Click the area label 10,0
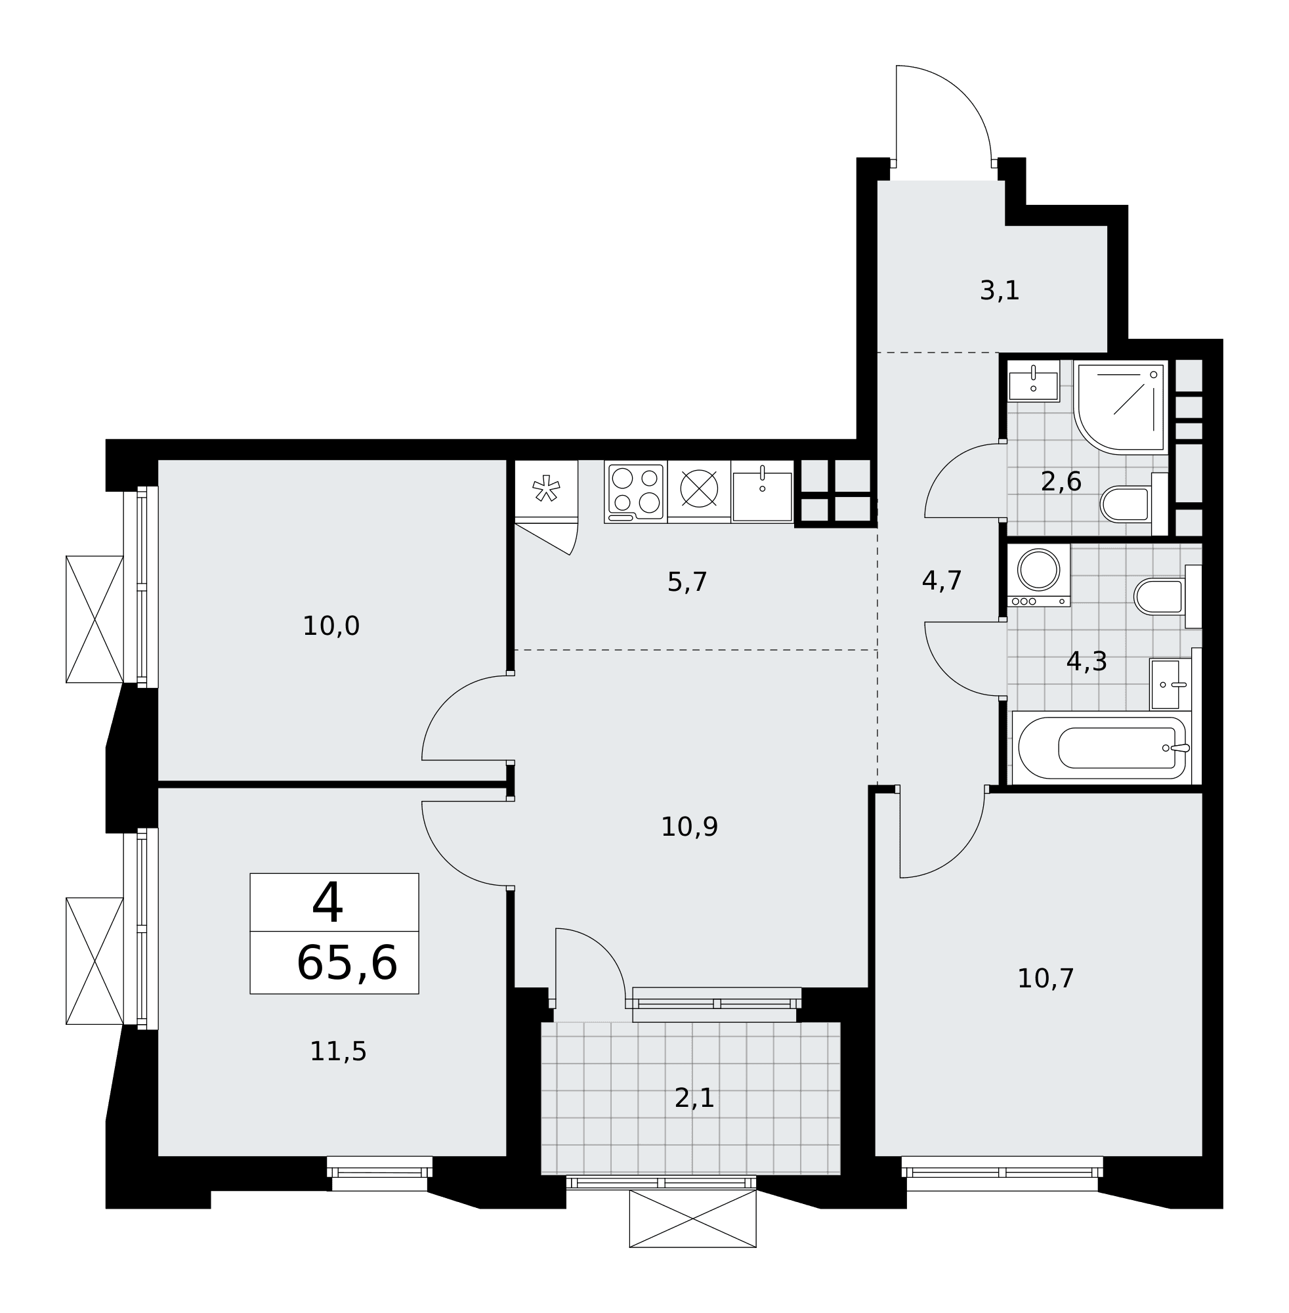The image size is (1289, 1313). [x=331, y=626]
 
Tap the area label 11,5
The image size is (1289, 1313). [x=338, y=1052]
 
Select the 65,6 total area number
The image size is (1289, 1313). [x=347, y=964]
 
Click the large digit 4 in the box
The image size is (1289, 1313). [x=328, y=903]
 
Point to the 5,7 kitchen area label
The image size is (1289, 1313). [x=687, y=582]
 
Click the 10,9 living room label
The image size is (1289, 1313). [x=689, y=827]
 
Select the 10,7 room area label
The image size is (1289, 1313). [x=1046, y=978]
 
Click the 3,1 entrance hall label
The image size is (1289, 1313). [x=1000, y=291]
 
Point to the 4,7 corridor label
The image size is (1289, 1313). [x=942, y=581]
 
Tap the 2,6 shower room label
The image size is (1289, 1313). [x=1061, y=482]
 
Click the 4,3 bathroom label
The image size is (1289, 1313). [x=1087, y=662]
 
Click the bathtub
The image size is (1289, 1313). [x=1102, y=748]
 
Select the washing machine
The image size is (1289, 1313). [x=1038, y=575]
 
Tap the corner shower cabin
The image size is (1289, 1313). [x=1121, y=406]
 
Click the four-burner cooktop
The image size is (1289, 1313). [x=636, y=492]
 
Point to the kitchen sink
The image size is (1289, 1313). [x=762, y=492]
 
